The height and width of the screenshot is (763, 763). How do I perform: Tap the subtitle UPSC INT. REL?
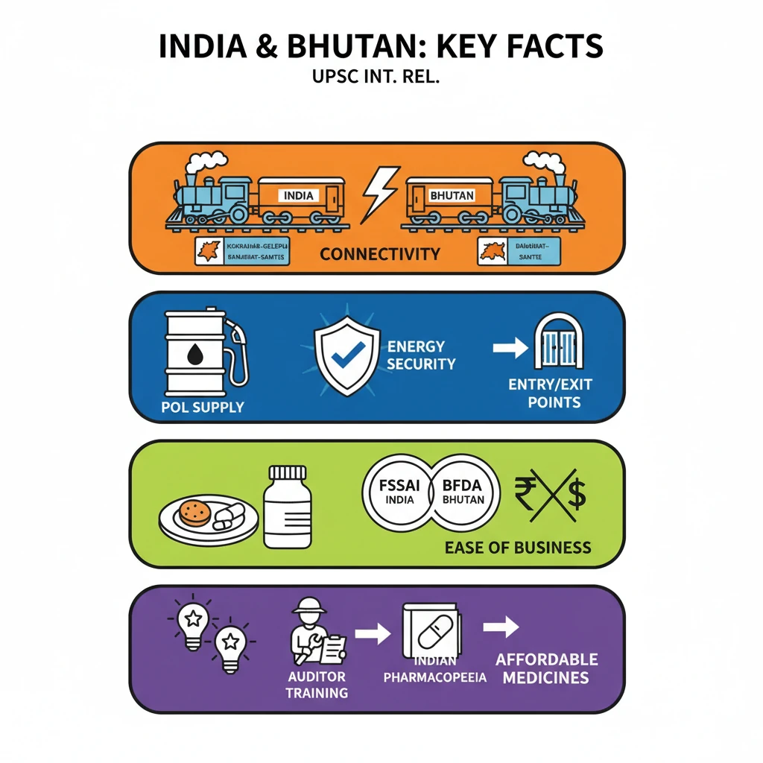click(381, 77)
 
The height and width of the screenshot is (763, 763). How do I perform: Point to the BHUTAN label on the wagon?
click(452, 195)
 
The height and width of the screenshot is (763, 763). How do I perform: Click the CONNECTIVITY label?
click(379, 254)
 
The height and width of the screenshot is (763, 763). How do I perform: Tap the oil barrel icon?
click(195, 352)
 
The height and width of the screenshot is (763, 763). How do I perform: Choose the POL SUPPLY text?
click(203, 408)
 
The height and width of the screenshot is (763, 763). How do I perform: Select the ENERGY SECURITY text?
click(420, 355)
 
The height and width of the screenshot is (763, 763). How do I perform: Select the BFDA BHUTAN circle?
click(463, 493)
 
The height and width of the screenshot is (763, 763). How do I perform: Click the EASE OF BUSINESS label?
click(517, 548)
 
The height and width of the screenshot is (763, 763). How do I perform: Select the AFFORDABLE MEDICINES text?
click(547, 668)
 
